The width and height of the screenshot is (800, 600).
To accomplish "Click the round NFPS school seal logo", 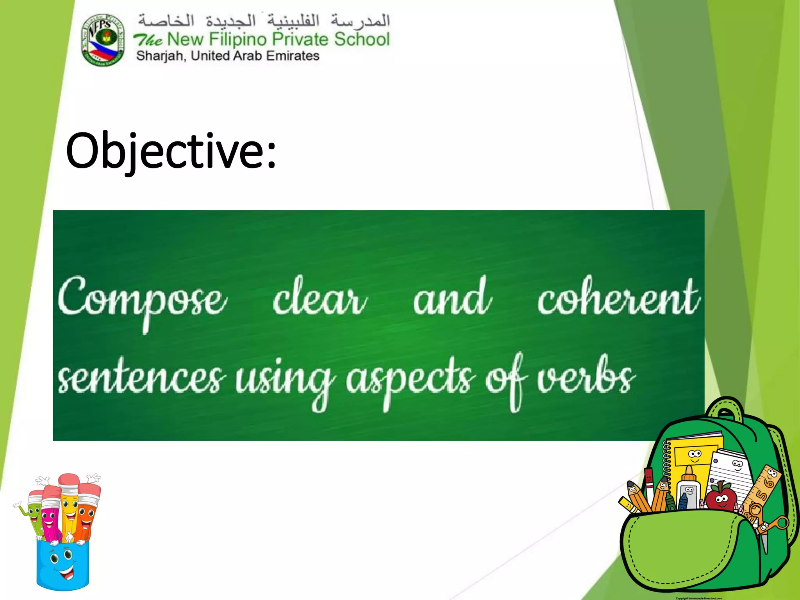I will [x=103, y=39].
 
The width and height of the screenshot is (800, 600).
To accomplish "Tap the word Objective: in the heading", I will [x=171, y=151].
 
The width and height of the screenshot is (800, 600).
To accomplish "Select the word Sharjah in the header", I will [x=161, y=56].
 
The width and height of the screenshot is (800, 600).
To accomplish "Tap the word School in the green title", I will [x=362, y=39].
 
